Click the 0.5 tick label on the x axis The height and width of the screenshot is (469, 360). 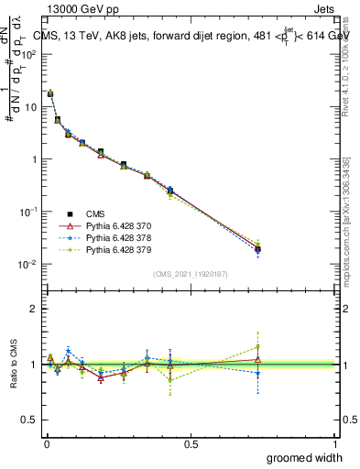coord(191,444)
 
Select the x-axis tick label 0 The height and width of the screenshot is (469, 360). coord(46,444)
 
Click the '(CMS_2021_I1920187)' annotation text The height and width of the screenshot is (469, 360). coord(191,273)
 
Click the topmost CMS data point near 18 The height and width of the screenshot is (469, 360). coord(50,93)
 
